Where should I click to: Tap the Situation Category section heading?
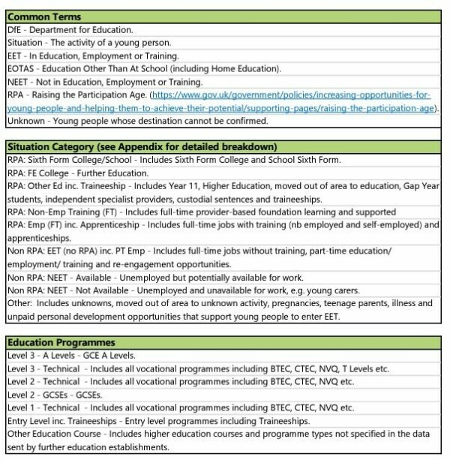pyautogui.click(x=142, y=146)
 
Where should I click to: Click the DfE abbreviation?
pyautogui.click(x=16, y=29)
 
